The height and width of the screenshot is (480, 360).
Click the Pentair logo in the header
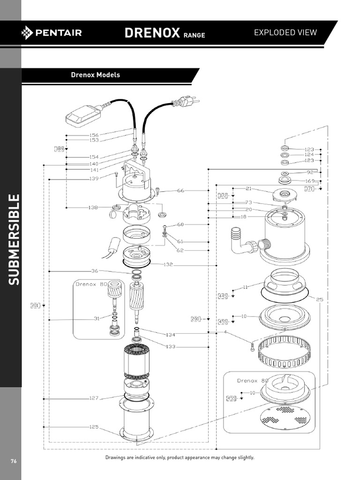click(52, 32)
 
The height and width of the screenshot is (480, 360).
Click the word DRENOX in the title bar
click(152, 33)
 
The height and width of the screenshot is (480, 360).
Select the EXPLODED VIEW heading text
click(285, 32)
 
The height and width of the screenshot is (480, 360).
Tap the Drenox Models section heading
click(95, 75)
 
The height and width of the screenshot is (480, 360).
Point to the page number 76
click(14, 461)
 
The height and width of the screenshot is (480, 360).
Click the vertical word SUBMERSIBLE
click(14, 239)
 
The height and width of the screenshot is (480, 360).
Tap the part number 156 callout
click(94, 135)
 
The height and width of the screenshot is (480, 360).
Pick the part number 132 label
click(169, 265)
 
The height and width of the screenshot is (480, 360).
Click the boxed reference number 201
click(35, 305)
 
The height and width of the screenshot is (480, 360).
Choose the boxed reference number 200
click(195, 319)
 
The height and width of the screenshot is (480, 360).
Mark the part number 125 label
click(94, 427)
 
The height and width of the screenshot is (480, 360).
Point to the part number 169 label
click(310, 181)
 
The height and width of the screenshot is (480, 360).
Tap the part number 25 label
click(320, 299)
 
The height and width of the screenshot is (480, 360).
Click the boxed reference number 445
click(223, 296)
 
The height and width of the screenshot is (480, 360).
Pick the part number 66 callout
click(181, 191)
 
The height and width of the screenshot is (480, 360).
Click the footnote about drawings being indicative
click(180, 457)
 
